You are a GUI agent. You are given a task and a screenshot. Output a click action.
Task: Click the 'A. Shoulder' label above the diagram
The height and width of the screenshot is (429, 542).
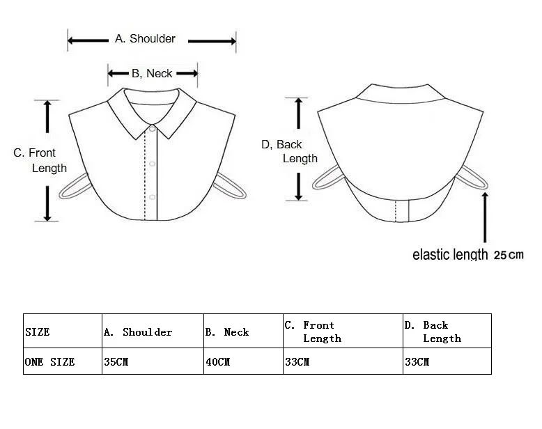coord(145,39)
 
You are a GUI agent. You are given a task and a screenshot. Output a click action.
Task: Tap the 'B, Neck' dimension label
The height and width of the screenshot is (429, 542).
coord(152,73)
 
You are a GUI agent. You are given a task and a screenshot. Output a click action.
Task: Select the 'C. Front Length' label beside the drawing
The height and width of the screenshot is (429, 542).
coord(40,160)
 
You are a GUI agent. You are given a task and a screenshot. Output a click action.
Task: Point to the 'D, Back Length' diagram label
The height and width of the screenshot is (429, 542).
coord(290,151)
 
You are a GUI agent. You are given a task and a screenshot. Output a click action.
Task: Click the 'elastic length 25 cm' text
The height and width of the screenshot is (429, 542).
coord(467,255)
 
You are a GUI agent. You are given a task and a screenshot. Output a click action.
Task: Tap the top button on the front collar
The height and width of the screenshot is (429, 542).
coord(152,129)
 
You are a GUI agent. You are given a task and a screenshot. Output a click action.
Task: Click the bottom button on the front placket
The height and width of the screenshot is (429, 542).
coord(153,196)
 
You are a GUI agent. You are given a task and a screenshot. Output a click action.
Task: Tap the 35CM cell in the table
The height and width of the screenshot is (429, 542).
coord(116,362)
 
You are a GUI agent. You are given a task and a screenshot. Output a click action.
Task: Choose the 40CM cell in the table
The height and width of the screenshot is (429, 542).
coord(217,362)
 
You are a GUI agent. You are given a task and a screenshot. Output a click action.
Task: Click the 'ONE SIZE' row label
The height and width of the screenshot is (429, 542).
coord(49,362)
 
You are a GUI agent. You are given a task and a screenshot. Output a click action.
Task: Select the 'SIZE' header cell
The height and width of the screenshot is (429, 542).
coord(38,332)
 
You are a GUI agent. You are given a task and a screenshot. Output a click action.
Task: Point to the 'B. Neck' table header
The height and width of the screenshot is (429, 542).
coord(226,332)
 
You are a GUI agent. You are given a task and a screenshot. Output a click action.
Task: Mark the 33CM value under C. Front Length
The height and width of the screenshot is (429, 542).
coord(297,362)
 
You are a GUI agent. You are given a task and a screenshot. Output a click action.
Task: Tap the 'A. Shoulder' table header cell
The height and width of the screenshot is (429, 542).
coord(137,332)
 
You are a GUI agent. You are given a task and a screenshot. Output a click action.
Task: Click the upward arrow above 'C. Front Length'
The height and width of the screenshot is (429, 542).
coord(47,116)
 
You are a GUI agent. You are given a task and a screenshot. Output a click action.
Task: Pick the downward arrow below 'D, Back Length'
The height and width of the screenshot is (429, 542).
coord(299,186)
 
